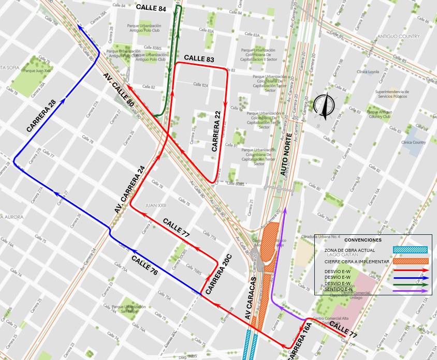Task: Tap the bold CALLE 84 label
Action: [151, 8]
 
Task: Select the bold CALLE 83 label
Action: [199, 59]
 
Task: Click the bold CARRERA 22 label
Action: [217, 131]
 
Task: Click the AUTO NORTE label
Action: [286, 155]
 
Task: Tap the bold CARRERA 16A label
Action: [301, 341]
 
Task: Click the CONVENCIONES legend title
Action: [362, 240]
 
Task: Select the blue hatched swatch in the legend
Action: [411, 250]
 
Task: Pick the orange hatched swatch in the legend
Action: [411, 261]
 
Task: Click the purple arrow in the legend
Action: [411, 291]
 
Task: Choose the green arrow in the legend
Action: [411, 284]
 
